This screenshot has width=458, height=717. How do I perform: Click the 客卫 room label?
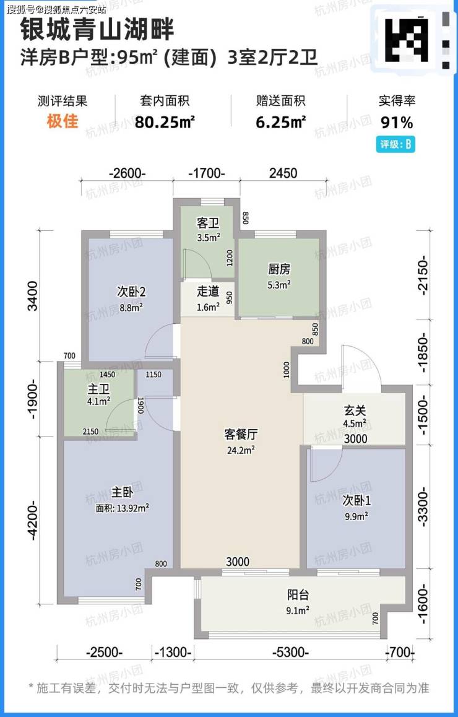(208, 224)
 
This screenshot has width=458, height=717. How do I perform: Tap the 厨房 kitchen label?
(279, 269)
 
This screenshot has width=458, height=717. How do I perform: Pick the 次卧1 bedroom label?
(356, 502)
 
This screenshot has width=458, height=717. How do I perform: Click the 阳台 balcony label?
(298, 596)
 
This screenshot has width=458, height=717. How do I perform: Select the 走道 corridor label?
(208, 291)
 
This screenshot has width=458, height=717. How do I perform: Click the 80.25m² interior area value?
(165, 122)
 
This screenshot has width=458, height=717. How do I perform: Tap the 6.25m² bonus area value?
(280, 122)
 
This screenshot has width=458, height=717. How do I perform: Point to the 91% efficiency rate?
(397, 123)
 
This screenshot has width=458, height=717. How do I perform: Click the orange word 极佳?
(62, 121)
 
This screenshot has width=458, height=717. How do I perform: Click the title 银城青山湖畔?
(97, 30)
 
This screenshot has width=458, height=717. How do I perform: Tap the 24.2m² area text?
(240, 450)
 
